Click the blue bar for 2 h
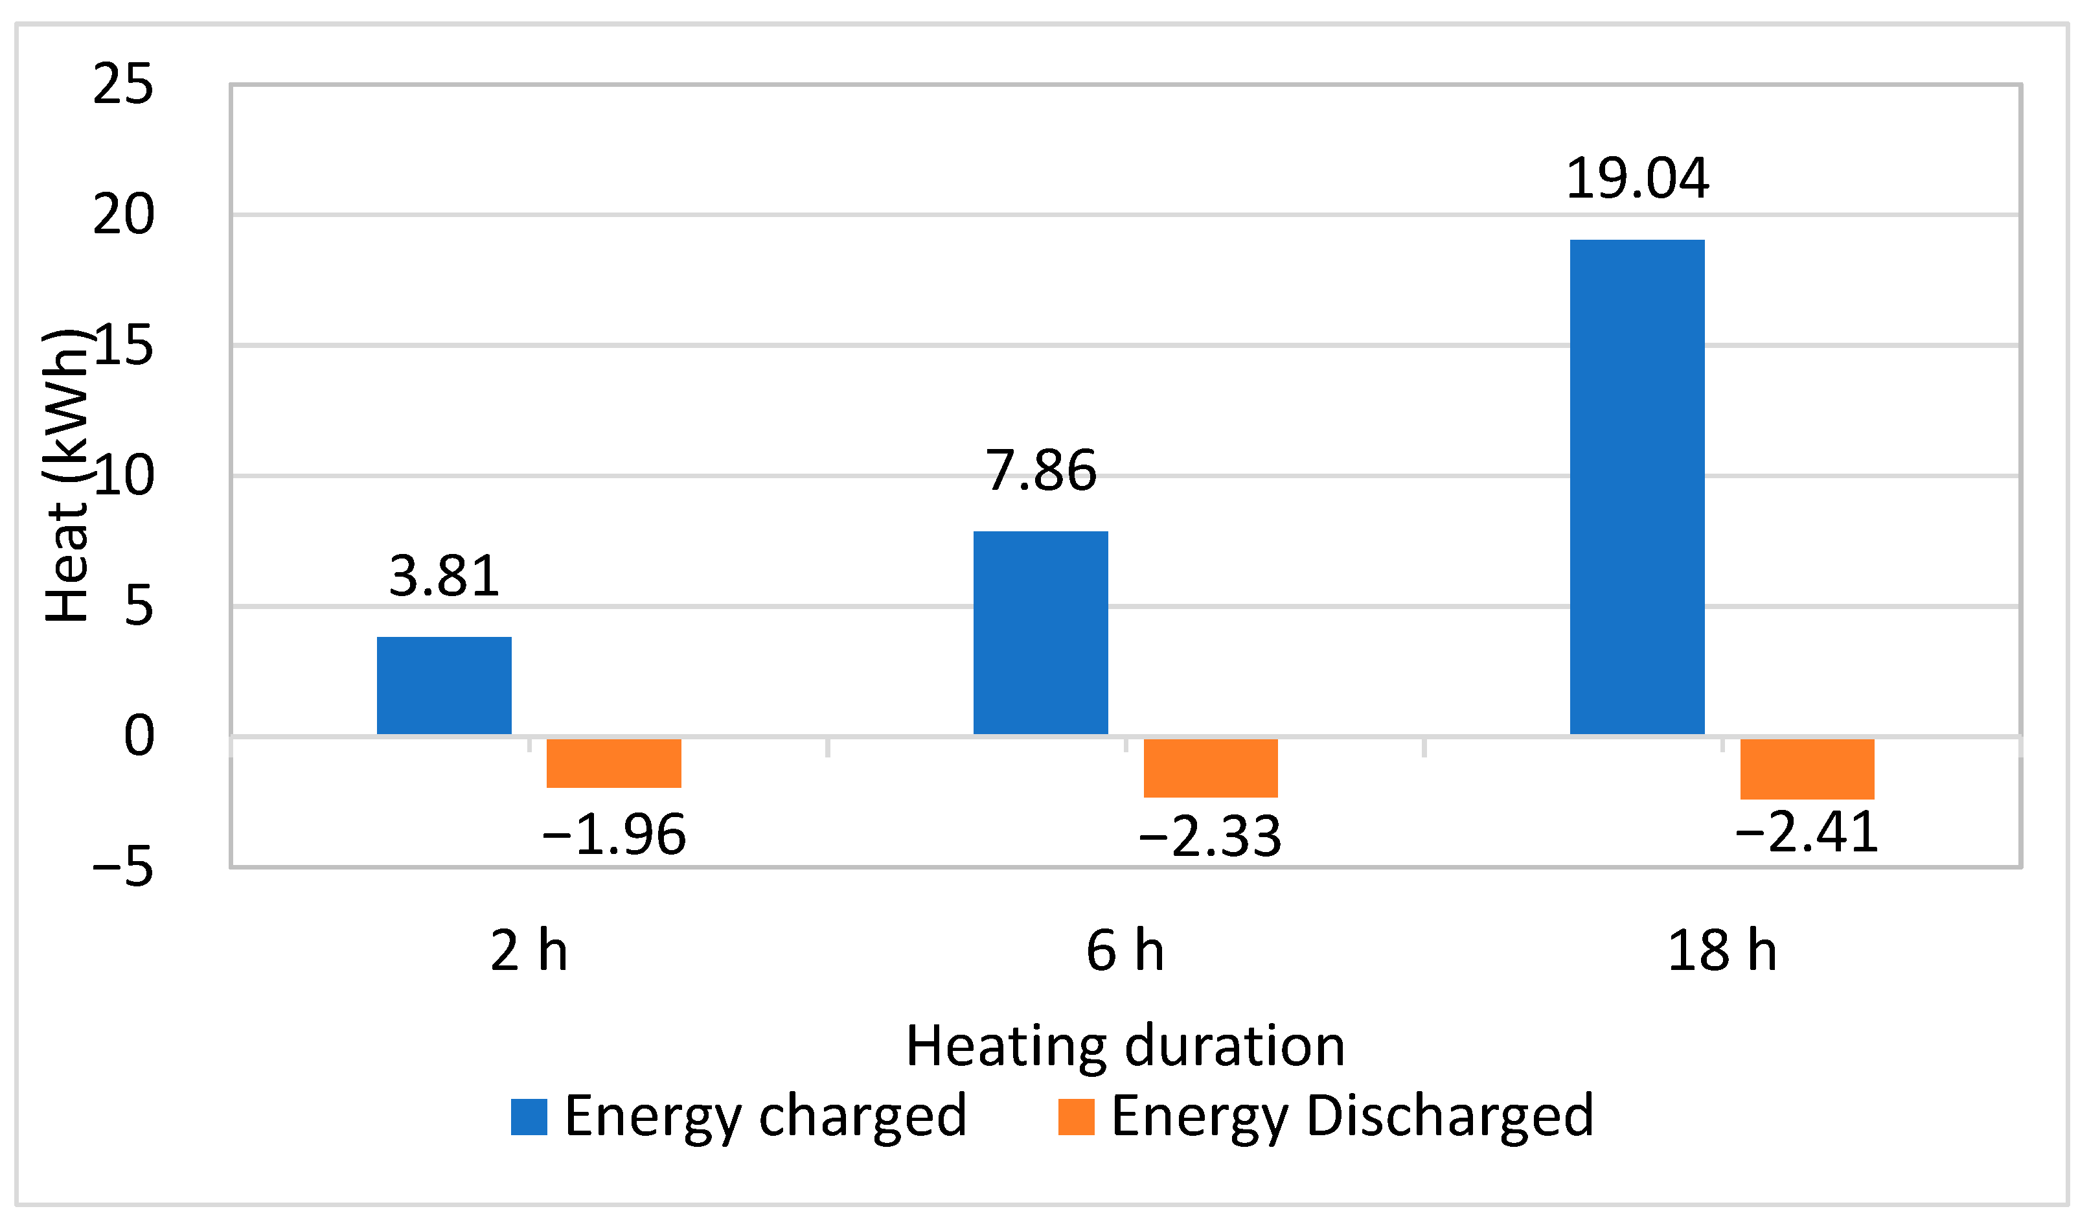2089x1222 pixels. pyautogui.click(x=444, y=686)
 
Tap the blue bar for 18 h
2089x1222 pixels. pyautogui.click(x=1638, y=487)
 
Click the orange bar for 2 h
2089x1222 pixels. pyautogui.click(x=613, y=763)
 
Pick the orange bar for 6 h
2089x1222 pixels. pyautogui.click(x=1210, y=768)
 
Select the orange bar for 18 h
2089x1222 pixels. pyautogui.click(x=1807, y=768)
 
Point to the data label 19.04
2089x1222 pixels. pyautogui.click(x=1638, y=178)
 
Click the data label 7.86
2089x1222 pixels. pyautogui.click(x=1040, y=471)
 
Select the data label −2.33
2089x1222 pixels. pyautogui.click(x=1210, y=836)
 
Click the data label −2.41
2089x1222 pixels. pyautogui.click(x=1807, y=833)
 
